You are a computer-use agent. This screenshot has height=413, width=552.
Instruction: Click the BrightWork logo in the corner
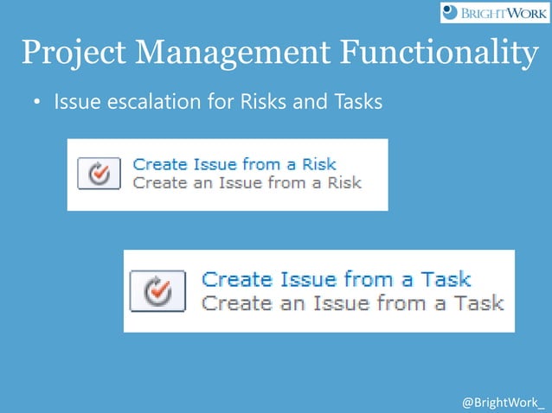[x=494, y=12]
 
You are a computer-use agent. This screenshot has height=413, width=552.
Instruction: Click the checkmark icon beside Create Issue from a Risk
[x=99, y=173]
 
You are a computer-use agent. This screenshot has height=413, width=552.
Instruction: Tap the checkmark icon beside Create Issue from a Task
[x=157, y=291]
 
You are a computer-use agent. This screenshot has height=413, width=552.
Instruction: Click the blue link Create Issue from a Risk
[x=234, y=163]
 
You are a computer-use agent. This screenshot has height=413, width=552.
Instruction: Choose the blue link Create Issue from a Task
[x=337, y=279]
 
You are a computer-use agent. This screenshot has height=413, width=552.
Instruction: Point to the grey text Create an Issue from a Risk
[x=247, y=182]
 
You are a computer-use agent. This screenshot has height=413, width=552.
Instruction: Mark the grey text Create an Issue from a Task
[x=352, y=302]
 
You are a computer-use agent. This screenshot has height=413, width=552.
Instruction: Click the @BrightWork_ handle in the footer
[x=504, y=403]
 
